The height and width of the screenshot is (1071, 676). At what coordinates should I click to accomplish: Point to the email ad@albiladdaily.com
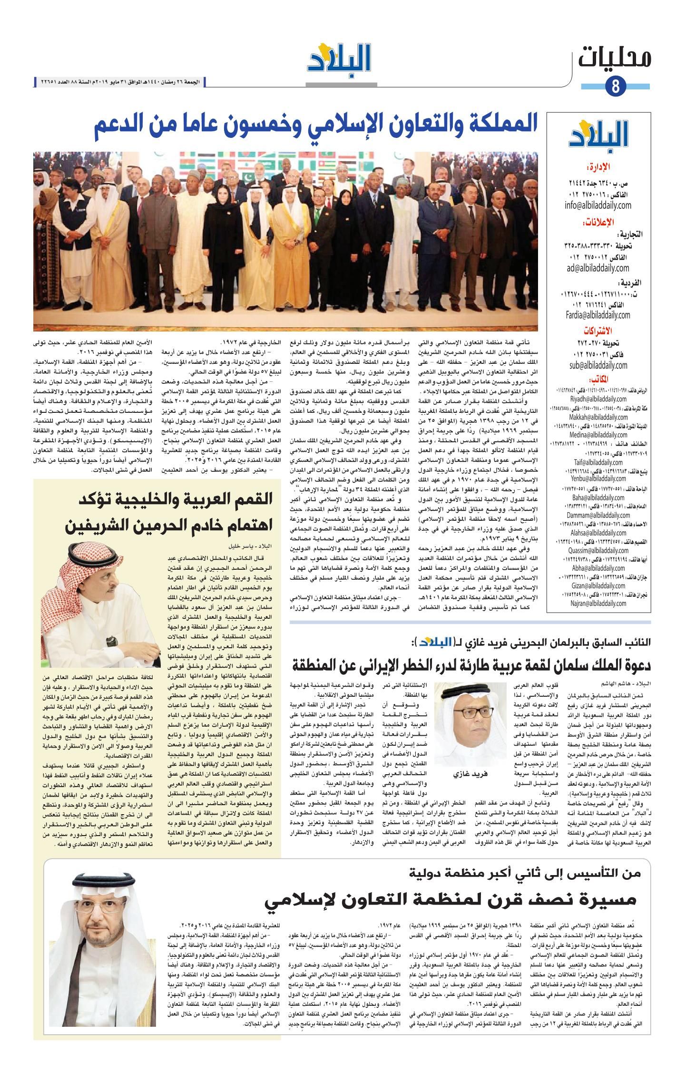[x=598, y=268]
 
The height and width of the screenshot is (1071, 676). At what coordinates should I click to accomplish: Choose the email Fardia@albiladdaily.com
[x=598, y=315]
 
